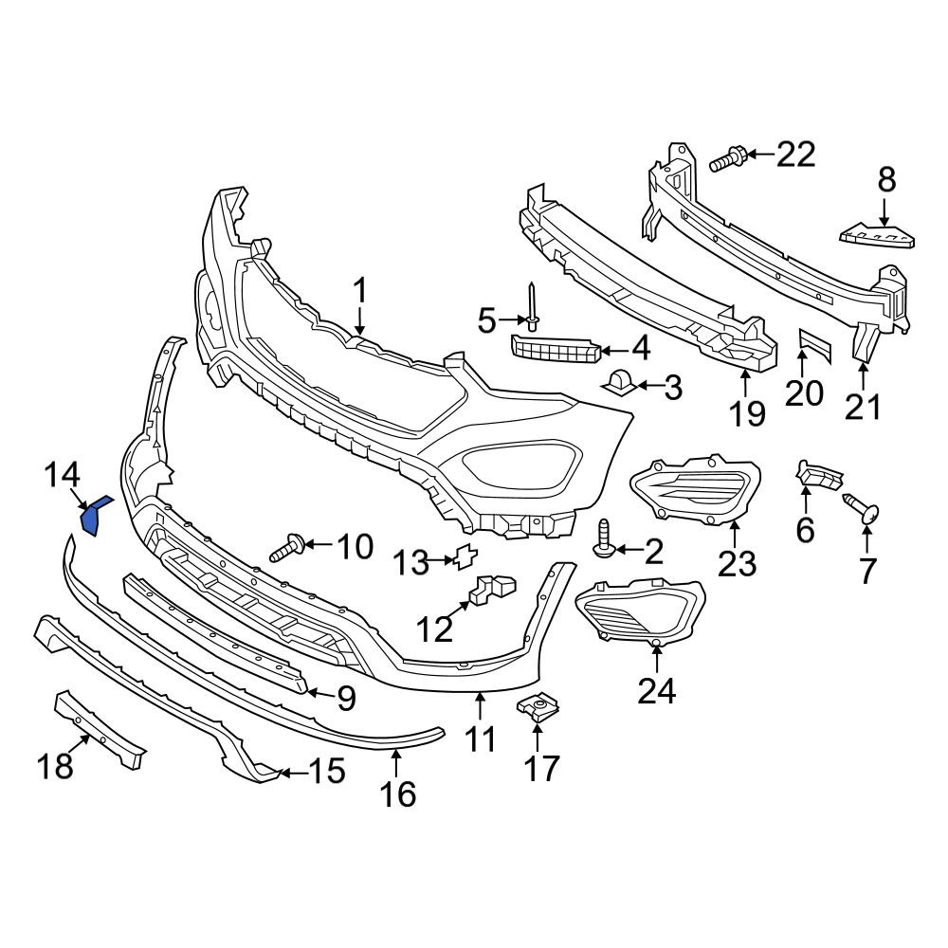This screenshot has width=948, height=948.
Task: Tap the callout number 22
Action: coord(795,155)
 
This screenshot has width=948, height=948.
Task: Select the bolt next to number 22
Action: coord(728,158)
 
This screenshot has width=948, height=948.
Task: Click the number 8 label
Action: coord(886,179)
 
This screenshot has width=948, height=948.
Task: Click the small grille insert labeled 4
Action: coord(556,349)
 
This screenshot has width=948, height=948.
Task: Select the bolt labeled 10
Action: coord(288,548)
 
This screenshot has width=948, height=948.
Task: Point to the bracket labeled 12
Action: coord(492,589)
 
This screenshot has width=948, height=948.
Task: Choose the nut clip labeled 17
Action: coord(538,707)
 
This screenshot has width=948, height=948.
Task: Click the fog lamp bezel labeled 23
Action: coord(695,489)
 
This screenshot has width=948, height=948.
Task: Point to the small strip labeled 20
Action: coord(815,346)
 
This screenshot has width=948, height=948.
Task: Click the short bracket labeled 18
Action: coord(100,730)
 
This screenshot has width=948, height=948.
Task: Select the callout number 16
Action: coord(398,793)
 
